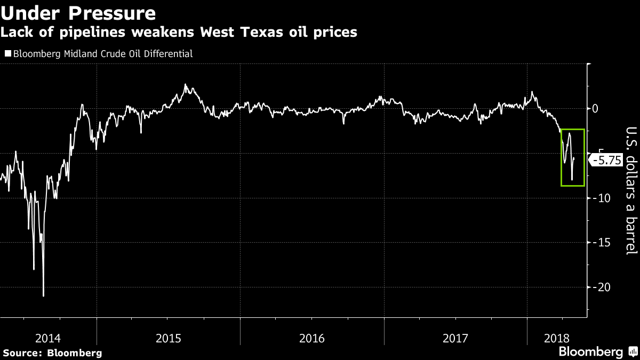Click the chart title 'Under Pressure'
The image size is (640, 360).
tap(78, 13)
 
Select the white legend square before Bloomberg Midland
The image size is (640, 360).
tap(7, 54)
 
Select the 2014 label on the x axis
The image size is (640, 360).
tap(48, 338)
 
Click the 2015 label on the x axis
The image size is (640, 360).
tap(169, 338)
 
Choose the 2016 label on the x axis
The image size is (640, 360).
tap(312, 338)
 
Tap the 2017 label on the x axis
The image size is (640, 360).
tap(455, 338)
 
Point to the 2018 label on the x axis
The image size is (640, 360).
tap(556, 338)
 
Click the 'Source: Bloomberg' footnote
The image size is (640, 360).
tap(52, 353)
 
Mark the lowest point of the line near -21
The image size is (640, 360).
tap(43, 296)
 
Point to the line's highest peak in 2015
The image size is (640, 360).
tap(185, 84)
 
